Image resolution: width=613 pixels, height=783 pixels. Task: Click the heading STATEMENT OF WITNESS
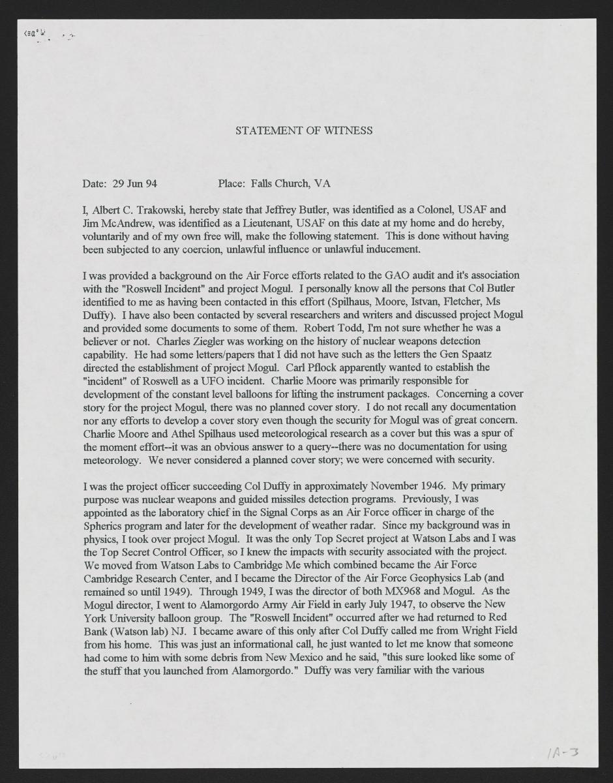[304, 130]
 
